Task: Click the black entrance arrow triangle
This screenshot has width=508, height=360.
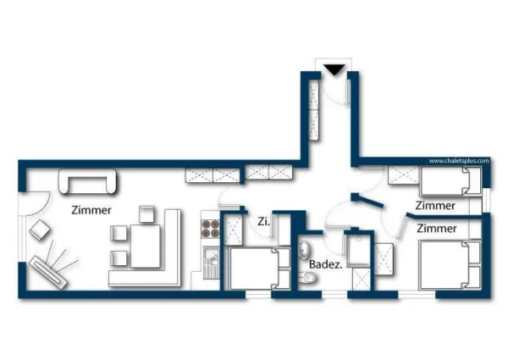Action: (334, 69)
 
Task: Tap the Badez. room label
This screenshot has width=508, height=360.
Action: (325, 264)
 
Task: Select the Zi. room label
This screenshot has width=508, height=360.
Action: (263, 222)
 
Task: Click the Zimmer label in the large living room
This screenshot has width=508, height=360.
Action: (91, 210)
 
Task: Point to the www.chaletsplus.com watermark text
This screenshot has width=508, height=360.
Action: (459, 161)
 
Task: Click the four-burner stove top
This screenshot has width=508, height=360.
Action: (210, 229)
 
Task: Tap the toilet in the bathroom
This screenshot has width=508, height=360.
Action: (307, 278)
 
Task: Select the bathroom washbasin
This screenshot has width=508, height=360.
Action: (305, 251)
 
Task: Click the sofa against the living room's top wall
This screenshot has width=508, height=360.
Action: (87, 181)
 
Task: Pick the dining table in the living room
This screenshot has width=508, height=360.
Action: (146, 246)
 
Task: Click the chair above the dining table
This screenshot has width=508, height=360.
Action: (146, 213)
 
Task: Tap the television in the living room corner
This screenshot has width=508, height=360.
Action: (48, 272)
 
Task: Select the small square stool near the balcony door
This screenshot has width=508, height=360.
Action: (40, 230)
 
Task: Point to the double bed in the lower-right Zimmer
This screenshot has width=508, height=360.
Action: (450, 265)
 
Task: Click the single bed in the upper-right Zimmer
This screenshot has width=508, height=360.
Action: (450, 181)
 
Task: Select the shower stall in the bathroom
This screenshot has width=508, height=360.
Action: (359, 251)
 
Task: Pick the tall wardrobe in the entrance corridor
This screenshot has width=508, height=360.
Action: (314, 110)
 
